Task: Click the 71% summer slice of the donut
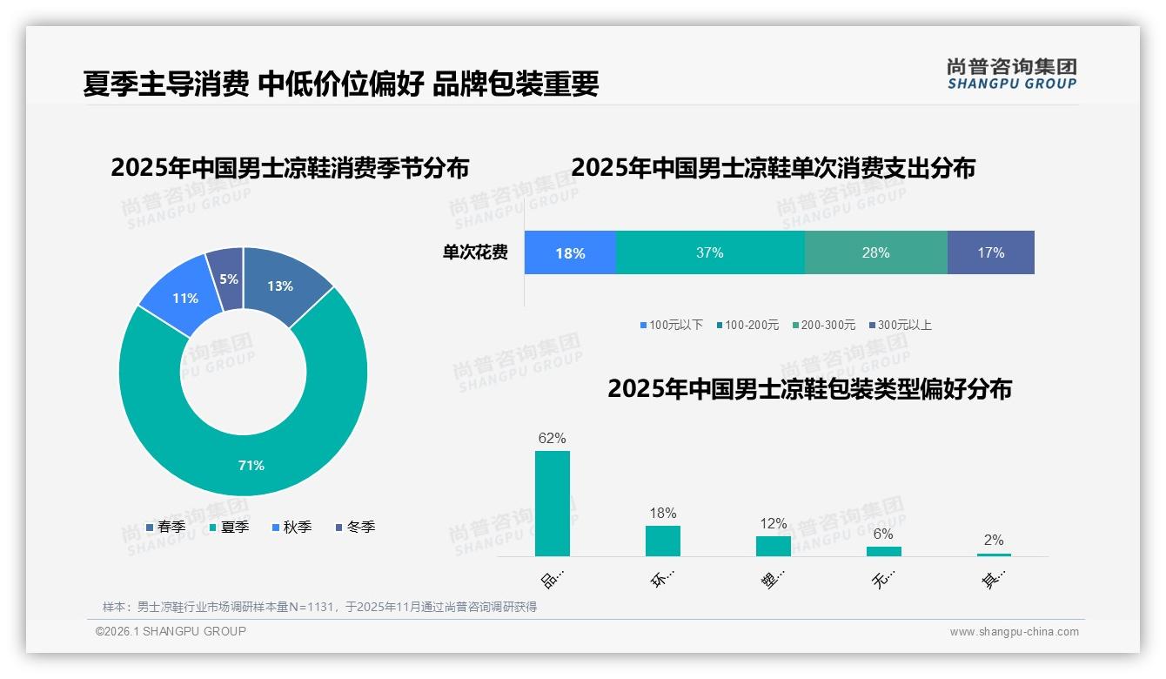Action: point(251,465)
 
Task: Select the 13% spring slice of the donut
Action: point(280,286)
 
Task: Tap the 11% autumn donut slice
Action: point(184,298)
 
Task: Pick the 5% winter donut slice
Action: point(228,279)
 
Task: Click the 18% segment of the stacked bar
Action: point(570,253)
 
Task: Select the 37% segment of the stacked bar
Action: point(710,253)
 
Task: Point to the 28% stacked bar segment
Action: point(875,253)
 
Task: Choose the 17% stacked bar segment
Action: point(990,253)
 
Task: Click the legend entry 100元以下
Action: point(671,325)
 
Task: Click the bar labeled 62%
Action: point(552,503)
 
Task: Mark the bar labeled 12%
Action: point(773,546)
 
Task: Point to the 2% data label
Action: point(993,540)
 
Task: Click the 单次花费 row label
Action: point(475,253)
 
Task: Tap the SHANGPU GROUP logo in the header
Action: point(1011,74)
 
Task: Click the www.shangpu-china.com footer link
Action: point(1014,632)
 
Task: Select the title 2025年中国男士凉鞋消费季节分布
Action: point(290,167)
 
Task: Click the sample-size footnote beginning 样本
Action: point(319,607)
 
